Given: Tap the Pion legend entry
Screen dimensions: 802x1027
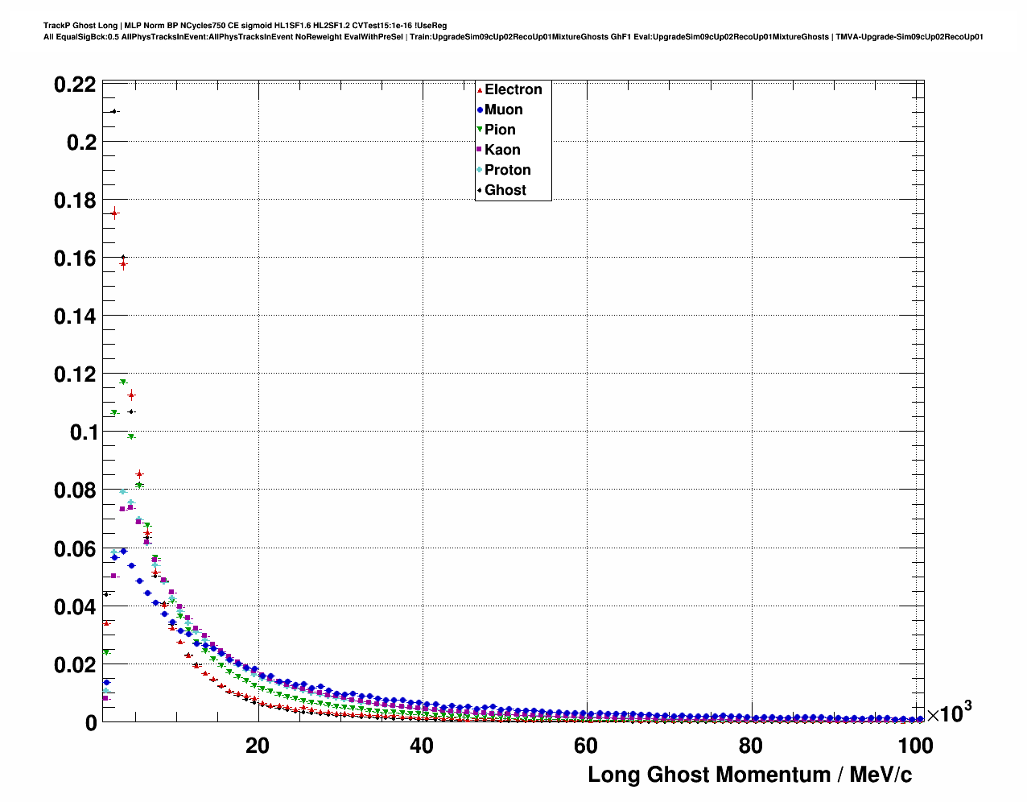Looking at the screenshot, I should click(x=500, y=130).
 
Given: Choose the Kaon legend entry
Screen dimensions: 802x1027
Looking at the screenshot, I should click(x=502, y=150).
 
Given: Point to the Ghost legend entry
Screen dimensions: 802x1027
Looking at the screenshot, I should click(x=505, y=190).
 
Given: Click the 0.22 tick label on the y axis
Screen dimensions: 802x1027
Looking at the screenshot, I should click(x=75, y=85).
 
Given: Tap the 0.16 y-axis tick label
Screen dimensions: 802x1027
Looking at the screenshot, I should click(x=75, y=258).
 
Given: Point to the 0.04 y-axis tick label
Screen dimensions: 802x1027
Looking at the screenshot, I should click(x=75, y=607).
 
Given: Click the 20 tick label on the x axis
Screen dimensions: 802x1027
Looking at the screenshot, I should click(x=258, y=746).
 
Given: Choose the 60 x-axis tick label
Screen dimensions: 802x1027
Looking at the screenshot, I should click(x=586, y=746).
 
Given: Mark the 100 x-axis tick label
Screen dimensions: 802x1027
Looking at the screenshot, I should click(x=915, y=746).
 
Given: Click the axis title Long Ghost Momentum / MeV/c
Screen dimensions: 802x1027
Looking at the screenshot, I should click(x=749, y=775).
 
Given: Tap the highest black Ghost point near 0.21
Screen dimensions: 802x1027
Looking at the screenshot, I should click(x=114, y=111).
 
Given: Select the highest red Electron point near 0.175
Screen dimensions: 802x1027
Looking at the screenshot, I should click(x=114, y=213).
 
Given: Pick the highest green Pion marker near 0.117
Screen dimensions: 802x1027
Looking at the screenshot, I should click(x=123, y=382).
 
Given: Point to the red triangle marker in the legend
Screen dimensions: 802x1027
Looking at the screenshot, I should click(x=480, y=90).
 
